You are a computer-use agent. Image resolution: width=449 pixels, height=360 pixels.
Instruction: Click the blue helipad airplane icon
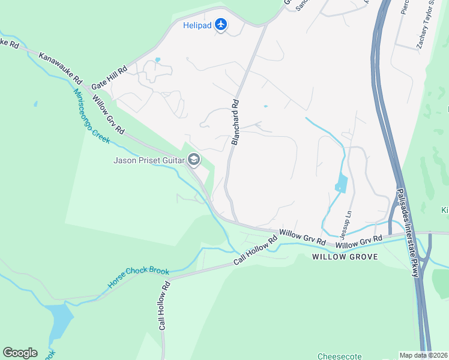pos(221,25)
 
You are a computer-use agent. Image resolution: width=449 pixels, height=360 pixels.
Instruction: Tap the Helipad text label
pos(196,25)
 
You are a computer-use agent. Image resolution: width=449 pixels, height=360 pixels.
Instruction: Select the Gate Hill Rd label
pos(109,78)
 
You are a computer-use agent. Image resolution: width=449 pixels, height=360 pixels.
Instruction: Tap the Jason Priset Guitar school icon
pos(193,160)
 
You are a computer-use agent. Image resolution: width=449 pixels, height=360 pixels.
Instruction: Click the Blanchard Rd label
pos(235,122)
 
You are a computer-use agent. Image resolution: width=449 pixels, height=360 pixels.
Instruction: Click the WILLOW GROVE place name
pos(345,257)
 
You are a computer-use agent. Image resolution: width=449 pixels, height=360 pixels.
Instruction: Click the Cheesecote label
pos(339,356)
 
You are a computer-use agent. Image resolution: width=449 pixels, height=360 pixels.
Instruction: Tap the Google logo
pos(20,353)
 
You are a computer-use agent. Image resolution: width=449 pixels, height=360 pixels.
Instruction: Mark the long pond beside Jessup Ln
pos(340,183)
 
